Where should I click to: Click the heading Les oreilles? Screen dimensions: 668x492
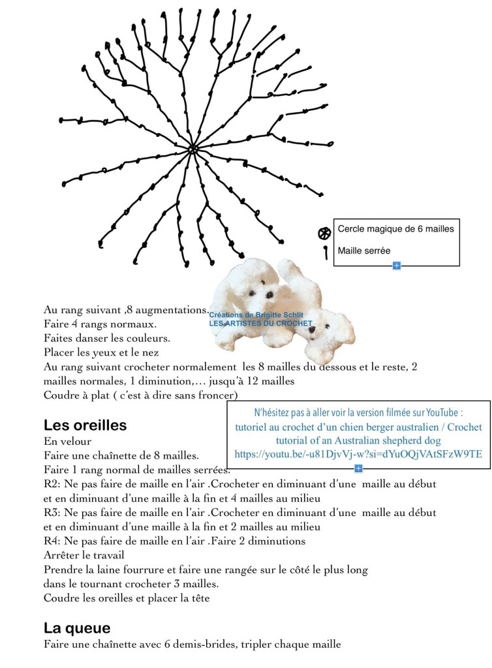point(85,425)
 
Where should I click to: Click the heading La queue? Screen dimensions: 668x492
point(77,628)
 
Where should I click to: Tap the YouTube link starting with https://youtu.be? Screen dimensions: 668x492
point(358,454)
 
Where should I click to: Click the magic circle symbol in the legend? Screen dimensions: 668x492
point(324,233)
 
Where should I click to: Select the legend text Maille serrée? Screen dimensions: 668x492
point(364,250)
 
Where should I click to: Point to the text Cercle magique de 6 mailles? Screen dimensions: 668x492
point(395,229)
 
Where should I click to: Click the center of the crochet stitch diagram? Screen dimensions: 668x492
point(192,149)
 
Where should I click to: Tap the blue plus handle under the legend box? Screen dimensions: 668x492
point(396,266)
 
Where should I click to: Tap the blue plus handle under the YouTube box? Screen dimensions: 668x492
point(358,468)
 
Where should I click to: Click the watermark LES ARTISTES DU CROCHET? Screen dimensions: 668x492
point(260,324)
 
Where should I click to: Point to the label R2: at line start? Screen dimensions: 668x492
point(52,484)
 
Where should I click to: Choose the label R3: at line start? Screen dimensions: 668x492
point(52,513)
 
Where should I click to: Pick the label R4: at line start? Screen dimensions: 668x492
point(52,541)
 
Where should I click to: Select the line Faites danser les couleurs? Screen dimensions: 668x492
point(106,338)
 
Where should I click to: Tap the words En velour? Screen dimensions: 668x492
point(68,441)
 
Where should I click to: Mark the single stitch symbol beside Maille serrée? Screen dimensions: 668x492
point(325,252)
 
